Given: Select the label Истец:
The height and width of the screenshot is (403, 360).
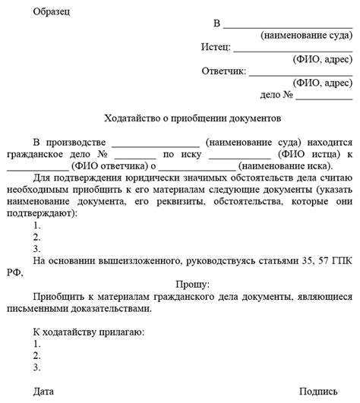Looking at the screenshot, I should point(218,47).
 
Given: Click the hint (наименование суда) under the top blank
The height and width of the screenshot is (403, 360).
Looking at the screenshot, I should point(305,36).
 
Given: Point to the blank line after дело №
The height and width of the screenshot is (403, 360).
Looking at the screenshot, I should point(324,96).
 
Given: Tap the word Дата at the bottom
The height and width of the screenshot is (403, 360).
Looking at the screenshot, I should point(44,392).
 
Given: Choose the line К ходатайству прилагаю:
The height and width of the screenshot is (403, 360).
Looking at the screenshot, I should point(88,332).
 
